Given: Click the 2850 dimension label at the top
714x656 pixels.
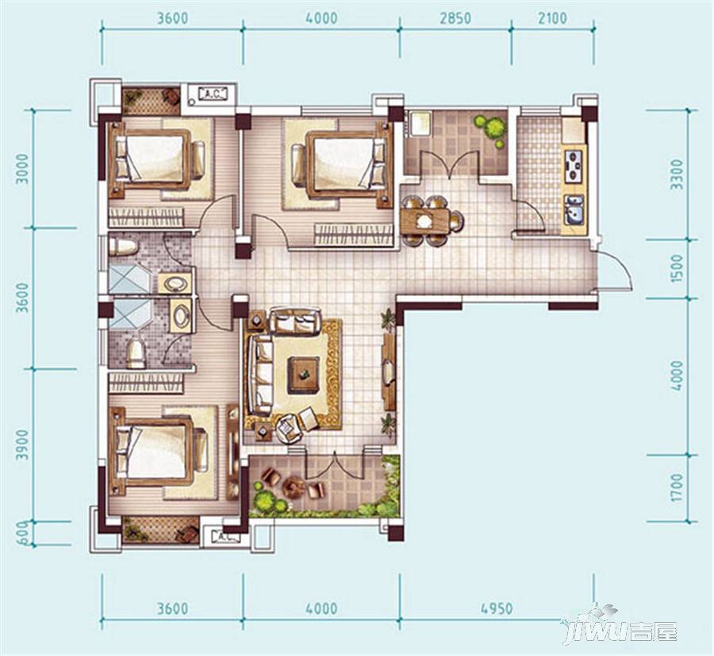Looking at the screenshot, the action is pos(455,19).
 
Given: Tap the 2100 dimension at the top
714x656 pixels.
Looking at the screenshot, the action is pos(552,19).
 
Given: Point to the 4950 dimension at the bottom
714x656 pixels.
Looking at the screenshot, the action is pos(497,608).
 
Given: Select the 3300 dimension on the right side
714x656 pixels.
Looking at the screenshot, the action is pos(678,175).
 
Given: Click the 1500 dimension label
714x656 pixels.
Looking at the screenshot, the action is pos(678,268).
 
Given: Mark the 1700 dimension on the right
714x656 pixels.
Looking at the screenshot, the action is pos(678,488).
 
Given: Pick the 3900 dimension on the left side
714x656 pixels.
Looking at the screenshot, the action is pos(22,445).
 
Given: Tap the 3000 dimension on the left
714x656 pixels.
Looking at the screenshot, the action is pos(22,169).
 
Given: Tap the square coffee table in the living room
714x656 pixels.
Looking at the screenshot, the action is pos(303,375).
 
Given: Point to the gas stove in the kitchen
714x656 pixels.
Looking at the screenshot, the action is pos(574,166).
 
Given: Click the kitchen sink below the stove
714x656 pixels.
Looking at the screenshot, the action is pos(574,209).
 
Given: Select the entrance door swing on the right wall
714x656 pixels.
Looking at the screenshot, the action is pos(615,270).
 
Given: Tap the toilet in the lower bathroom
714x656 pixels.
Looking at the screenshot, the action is pos(136,354).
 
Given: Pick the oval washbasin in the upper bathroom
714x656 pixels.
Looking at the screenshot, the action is pos(175,284).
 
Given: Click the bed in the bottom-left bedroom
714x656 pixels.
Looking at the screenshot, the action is pos(158,451).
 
